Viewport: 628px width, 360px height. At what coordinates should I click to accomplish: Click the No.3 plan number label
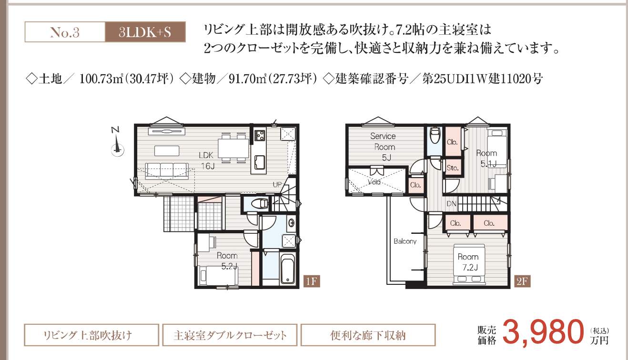(65, 32)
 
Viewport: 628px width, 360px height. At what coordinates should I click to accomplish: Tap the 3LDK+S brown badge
(145, 32)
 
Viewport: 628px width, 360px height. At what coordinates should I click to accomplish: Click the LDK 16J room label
(207, 160)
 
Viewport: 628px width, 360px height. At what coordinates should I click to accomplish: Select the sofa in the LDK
(167, 170)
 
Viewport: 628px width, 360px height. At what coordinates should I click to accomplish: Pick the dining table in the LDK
(233, 149)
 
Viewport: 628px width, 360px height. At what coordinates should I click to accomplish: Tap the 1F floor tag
(312, 281)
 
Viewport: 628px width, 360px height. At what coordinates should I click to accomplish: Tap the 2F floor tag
(522, 281)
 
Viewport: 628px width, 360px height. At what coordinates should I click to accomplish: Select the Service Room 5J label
(384, 147)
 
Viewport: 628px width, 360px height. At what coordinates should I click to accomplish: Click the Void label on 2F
(374, 182)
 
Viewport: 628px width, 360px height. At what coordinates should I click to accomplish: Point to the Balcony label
(405, 241)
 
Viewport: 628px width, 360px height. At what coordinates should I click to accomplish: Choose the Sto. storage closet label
(453, 168)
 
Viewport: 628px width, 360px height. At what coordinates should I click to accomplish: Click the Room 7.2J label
(468, 262)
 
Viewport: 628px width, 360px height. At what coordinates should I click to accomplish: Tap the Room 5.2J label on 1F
(227, 261)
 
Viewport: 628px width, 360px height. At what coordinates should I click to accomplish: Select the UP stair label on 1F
(277, 185)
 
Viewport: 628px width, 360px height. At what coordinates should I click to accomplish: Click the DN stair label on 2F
(451, 204)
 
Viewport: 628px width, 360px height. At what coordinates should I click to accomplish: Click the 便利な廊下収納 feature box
(368, 335)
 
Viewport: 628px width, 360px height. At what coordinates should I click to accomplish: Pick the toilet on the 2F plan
(436, 135)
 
